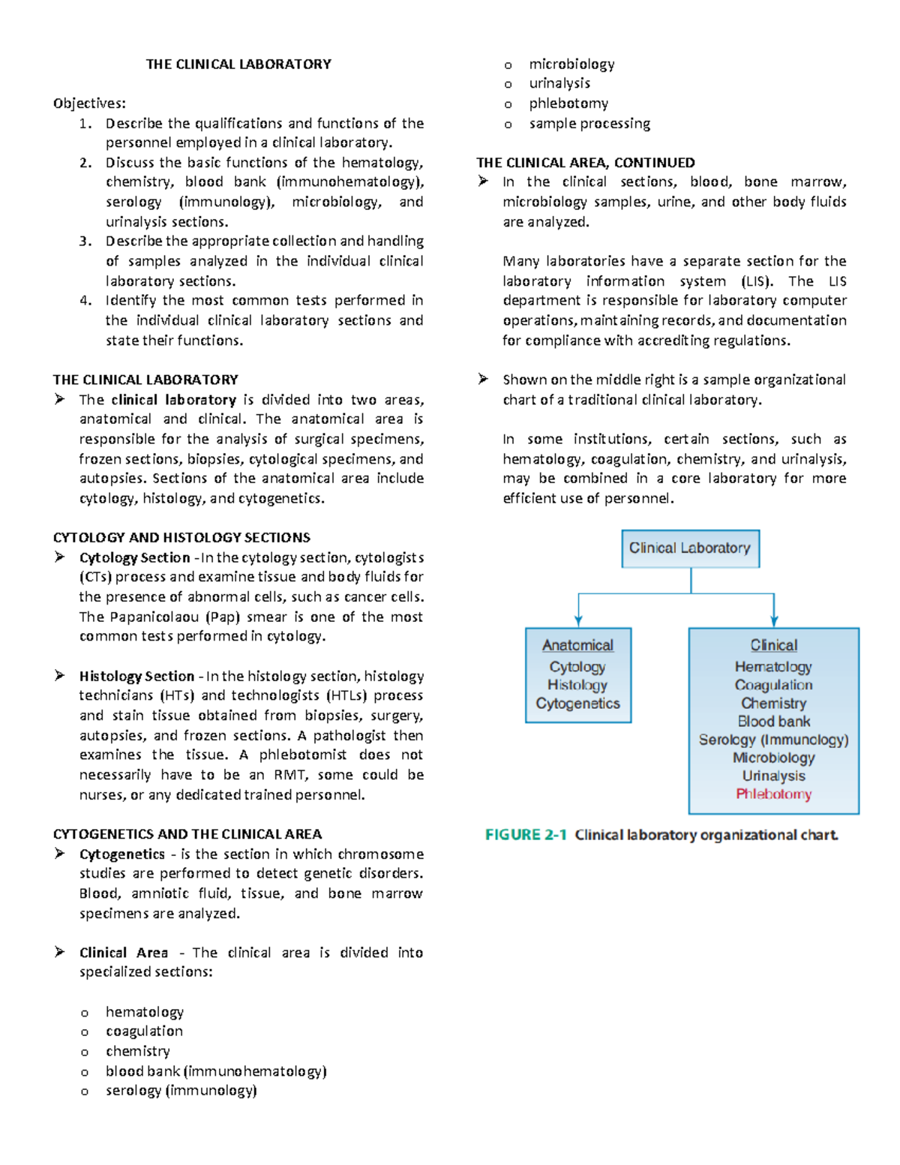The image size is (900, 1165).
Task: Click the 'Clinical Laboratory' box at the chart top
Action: point(690,548)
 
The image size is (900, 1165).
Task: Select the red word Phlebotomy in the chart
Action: point(773,794)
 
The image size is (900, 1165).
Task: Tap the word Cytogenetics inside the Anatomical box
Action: point(577,704)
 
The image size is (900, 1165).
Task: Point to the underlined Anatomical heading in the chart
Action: point(577,645)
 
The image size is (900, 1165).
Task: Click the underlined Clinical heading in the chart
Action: point(773,645)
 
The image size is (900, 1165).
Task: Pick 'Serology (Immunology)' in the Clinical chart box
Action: point(773,740)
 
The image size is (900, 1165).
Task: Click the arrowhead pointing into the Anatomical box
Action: point(578,620)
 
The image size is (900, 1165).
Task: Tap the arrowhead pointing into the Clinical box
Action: point(774,620)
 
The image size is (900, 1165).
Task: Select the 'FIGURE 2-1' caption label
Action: point(526,835)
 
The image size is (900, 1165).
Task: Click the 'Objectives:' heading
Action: point(89,104)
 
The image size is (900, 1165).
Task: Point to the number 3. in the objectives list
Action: point(85,242)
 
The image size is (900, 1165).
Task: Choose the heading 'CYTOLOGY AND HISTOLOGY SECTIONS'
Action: point(181,538)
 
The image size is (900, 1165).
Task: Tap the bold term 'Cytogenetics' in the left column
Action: point(121,854)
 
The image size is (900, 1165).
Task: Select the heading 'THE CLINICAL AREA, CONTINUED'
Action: point(585,163)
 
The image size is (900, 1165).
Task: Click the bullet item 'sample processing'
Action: point(589,124)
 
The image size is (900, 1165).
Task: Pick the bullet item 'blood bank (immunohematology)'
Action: point(216,1071)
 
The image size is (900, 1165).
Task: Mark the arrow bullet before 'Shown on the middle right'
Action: point(484,380)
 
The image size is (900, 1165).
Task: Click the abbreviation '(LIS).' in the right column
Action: point(757,281)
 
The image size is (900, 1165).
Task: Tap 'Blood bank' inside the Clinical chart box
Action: point(773,722)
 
